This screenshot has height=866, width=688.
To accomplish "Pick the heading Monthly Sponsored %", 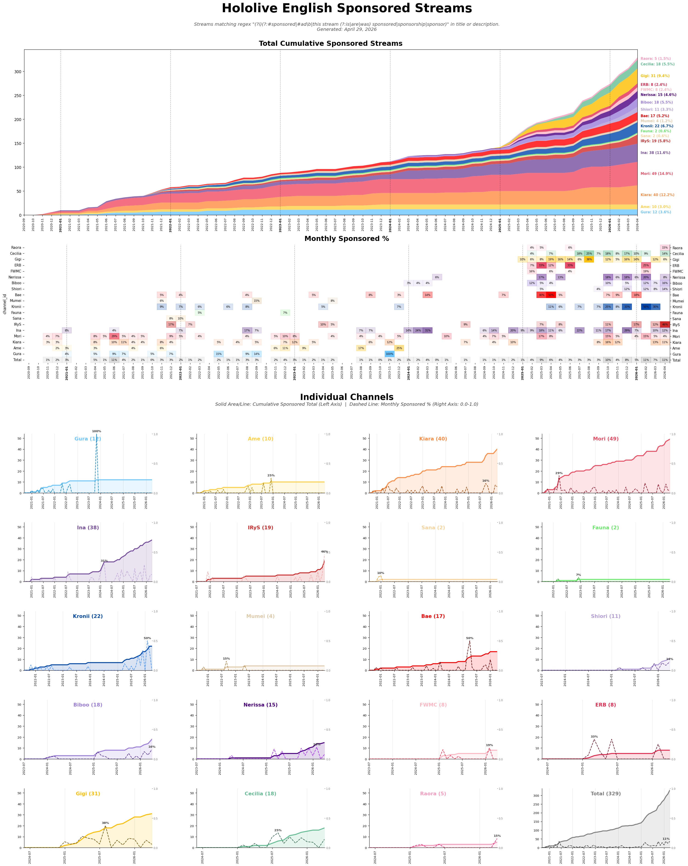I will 346,239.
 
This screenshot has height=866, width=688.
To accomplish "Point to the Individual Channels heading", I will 346,397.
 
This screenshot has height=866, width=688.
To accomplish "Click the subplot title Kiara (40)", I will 433,439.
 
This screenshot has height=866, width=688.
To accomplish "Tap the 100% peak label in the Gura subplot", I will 96,431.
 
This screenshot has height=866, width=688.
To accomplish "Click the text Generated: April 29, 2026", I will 346,29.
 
